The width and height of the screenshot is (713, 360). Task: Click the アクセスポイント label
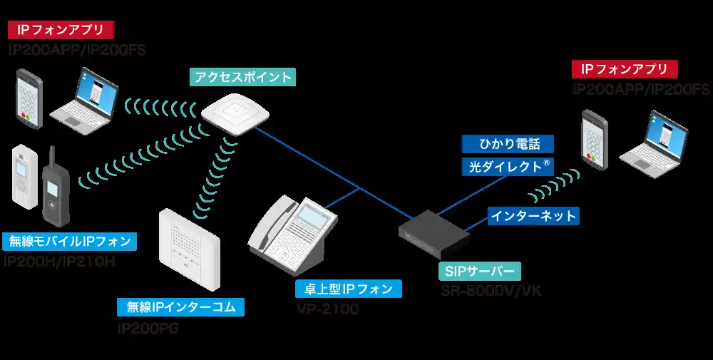point(242,77)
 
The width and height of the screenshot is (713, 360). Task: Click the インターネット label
point(533,215)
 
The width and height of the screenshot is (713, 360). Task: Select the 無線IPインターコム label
point(181,307)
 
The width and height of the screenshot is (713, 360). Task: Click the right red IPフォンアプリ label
point(625,69)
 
